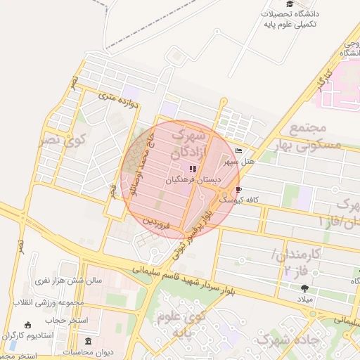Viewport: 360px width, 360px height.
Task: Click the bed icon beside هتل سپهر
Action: pos(238,151)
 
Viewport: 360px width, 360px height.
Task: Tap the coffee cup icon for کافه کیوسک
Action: pos(239,190)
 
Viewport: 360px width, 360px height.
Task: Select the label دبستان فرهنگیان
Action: pos(193,180)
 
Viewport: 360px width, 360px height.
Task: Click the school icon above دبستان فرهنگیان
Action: pos(193,169)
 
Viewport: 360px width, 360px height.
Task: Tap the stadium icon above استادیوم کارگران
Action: pos(27,326)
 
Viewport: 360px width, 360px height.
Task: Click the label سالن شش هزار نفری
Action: pos(69,280)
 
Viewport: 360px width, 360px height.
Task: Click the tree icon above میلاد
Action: pos(304,288)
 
